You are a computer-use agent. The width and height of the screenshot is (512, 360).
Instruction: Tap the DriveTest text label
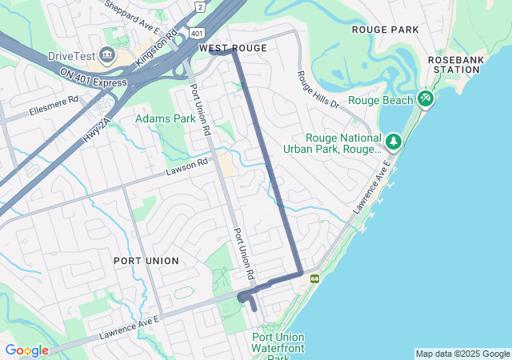click(x=70, y=55)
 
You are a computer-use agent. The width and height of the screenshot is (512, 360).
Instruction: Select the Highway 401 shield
click(x=196, y=33)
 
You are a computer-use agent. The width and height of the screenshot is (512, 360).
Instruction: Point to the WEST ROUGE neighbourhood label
click(x=233, y=49)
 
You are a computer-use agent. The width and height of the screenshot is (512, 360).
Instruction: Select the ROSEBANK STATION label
click(x=454, y=65)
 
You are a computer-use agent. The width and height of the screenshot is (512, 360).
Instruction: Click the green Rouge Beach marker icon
click(x=426, y=99)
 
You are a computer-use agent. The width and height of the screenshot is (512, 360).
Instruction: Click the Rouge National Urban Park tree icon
click(x=393, y=142)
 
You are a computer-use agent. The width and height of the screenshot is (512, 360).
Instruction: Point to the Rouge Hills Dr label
click(x=318, y=90)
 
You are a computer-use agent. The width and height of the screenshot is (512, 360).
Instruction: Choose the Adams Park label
click(x=165, y=118)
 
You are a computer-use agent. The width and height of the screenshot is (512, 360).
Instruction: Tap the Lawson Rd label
click(x=186, y=166)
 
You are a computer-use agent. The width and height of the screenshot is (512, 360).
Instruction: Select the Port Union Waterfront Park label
click(x=278, y=346)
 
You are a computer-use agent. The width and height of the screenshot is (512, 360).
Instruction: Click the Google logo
click(x=26, y=350)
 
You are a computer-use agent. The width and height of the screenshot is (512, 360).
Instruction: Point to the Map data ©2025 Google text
click(x=462, y=354)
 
